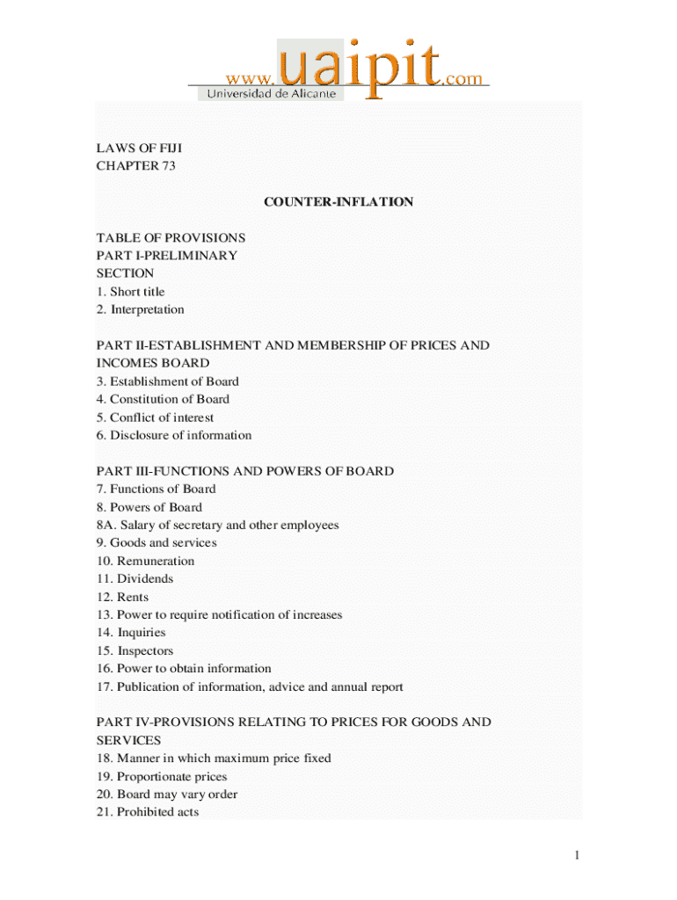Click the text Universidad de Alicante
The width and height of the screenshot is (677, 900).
(x=271, y=93)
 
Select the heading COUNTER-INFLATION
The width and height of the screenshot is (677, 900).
(x=338, y=202)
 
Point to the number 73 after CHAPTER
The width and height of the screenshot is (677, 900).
(x=169, y=166)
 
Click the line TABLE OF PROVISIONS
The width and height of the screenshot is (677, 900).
(x=171, y=238)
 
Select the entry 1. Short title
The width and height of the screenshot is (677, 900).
(x=130, y=292)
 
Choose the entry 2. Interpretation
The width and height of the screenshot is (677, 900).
(x=140, y=309)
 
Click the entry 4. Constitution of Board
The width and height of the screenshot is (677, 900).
(x=163, y=399)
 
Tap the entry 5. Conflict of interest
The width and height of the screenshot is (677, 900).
(x=155, y=417)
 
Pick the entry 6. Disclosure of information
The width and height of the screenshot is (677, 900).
(x=173, y=435)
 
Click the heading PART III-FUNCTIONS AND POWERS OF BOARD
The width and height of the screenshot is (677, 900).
(x=244, y=471)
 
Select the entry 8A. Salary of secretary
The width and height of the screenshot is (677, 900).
(x=217, y=525)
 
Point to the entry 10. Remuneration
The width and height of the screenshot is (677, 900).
(x=145, y=561)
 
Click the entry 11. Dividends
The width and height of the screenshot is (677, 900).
(x=135, y=578)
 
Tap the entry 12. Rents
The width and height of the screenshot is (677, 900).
(x=122, y=597)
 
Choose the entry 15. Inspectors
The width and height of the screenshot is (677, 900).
(x=135, y=651)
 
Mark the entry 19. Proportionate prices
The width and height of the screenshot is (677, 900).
(x=161, y=777)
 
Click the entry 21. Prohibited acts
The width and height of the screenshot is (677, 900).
(x=148, y=812)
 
